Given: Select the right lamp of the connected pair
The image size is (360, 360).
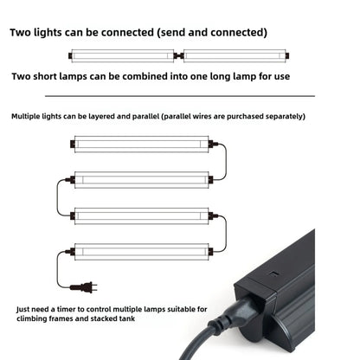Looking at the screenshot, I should [x=235, y=56].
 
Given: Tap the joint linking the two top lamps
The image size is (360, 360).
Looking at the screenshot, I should [x=178, y=56].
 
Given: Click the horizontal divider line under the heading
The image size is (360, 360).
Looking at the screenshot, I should [x=179, y=96].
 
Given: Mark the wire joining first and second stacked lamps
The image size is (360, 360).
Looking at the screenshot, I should [x=221, y=159].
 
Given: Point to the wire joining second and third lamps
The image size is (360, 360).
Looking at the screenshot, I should [x=59, y=196].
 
